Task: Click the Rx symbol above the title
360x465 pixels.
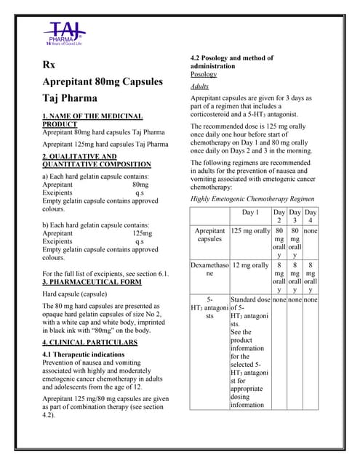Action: (49, 65)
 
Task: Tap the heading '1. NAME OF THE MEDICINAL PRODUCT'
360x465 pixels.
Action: (92, 120)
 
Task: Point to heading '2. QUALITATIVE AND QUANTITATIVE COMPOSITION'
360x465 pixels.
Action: (90, 161)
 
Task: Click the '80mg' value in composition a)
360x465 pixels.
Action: (140, 185)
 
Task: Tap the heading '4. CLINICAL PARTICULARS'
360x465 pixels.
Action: (89, 341)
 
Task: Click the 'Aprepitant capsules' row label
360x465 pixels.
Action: (209, 235)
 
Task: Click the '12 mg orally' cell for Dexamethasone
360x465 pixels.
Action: (250, 265)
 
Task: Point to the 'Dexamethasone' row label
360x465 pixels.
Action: (209, 270)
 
